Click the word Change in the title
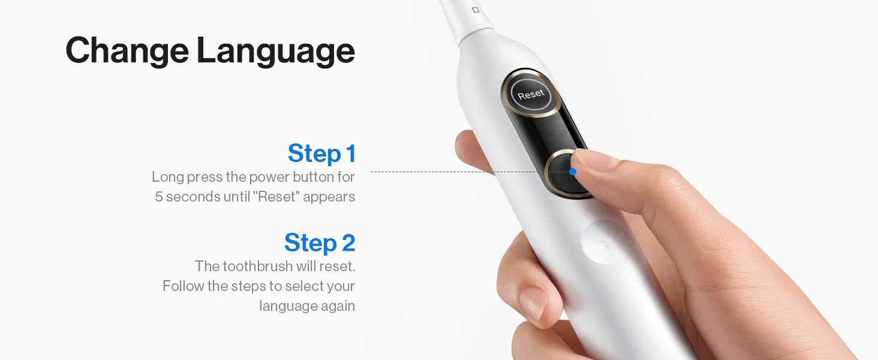click(x=127, y=50)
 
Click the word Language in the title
click(x=276, y=50)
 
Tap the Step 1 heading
click(x=322, y=153)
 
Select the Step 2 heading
click(x=320, y=242)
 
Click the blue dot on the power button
click(x=573, y=172)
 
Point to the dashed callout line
click(x=470, y=172)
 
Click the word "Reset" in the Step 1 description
click(x=276, y=196)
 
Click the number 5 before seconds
click(x=159, y=196)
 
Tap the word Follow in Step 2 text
click(x=184, y=286)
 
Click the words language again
click(x=307, y=306)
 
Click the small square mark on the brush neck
click(x=476, y=10)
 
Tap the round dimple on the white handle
click(x=600, y=241)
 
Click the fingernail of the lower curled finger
click(x=533, y=305)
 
